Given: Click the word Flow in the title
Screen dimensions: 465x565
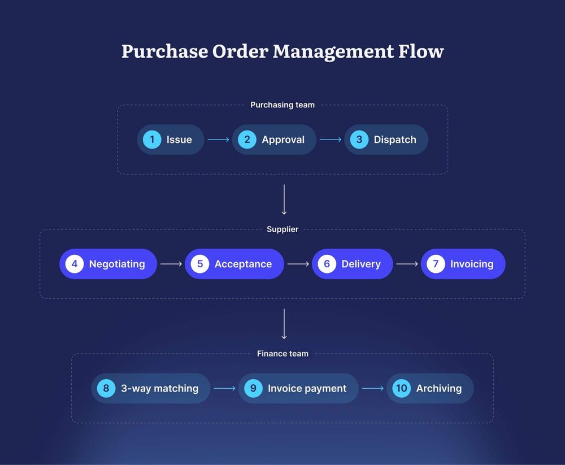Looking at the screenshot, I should point(420,51).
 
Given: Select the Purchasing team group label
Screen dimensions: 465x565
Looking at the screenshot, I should point(282,105).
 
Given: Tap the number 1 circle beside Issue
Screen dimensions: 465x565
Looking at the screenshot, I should point(152,140).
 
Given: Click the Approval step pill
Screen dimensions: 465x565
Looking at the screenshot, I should point(274,140).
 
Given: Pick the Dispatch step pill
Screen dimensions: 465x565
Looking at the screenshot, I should point(386,140).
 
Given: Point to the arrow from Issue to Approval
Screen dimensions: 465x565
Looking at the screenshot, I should point(218,140).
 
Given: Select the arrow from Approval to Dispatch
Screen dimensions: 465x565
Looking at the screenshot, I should point(331,140).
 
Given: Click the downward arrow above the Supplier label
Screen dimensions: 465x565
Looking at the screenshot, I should point(284,199).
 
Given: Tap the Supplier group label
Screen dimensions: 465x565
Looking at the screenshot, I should point(282,229).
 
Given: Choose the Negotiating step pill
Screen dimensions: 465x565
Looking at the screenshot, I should point(108,264).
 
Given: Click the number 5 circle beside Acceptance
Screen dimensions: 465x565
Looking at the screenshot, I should point(199,264).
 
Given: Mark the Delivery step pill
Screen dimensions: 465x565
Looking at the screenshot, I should point(352,264).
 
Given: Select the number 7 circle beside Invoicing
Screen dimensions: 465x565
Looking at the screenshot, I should point(436,264).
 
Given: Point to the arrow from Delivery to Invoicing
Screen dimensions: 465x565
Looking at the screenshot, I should point(407,264).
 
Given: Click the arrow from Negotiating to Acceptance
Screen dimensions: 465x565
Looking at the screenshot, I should point(171,264).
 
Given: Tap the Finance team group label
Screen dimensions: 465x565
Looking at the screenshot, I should point(282,354).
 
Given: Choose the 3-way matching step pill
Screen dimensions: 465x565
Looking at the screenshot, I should point(150,388).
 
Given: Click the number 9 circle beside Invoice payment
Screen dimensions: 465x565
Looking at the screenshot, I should point(253,388).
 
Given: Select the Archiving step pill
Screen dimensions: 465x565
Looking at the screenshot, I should point(430,388).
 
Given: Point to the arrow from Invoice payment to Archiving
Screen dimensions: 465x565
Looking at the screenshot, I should point(373,388).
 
